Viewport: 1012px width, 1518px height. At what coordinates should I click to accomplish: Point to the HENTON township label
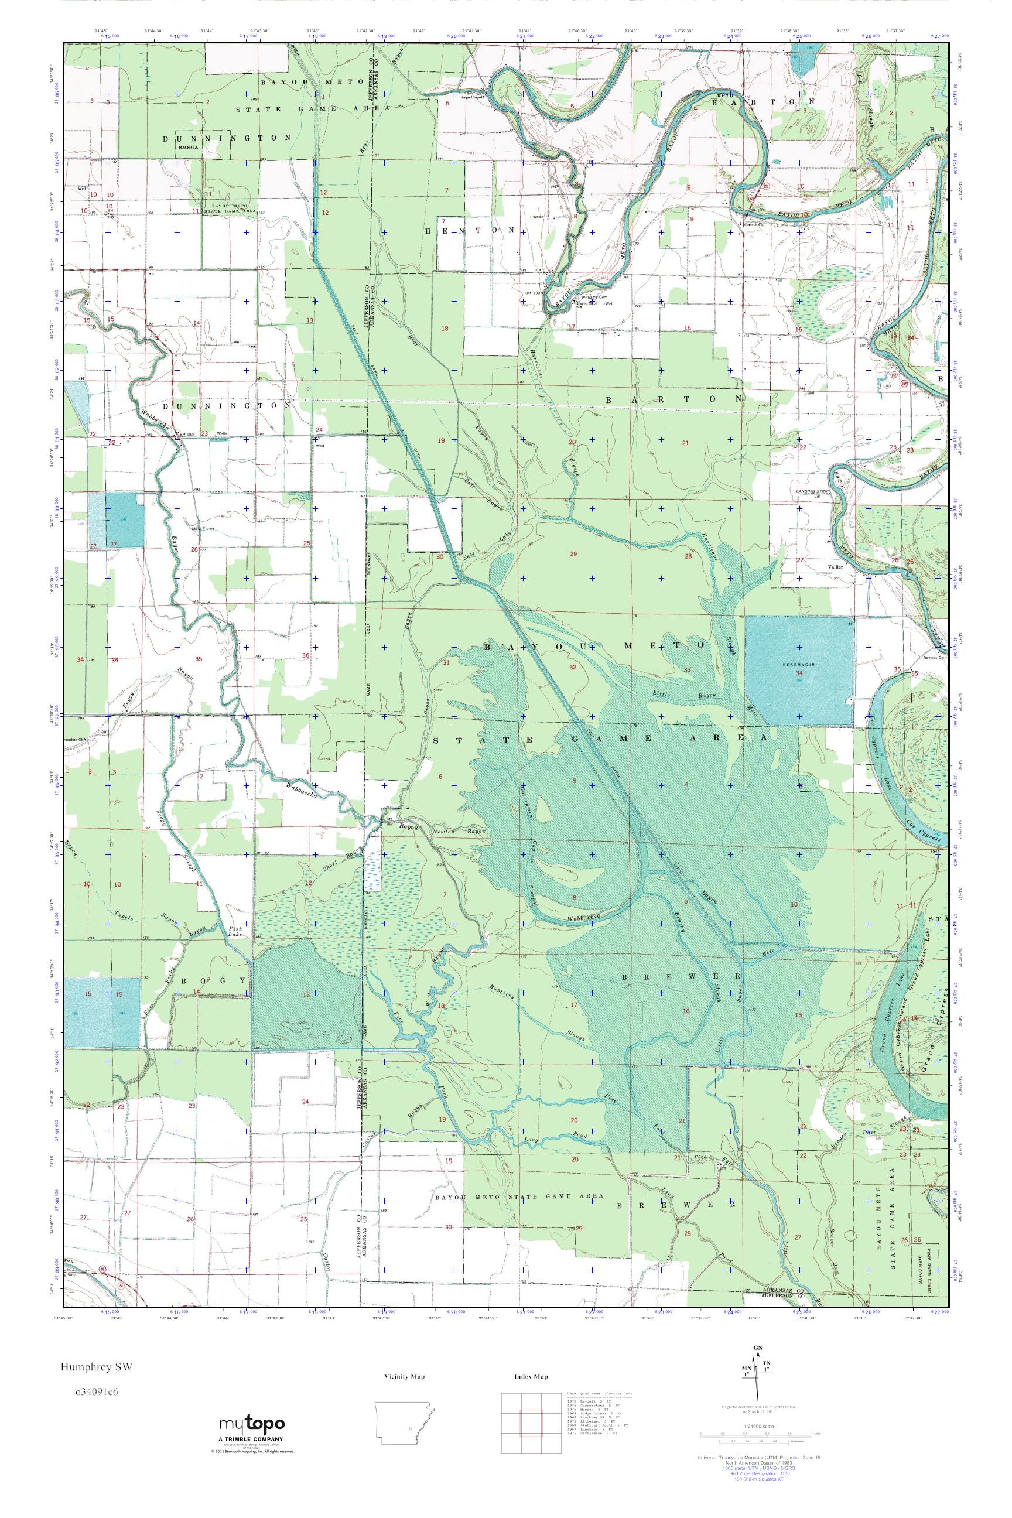coord(470,230)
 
